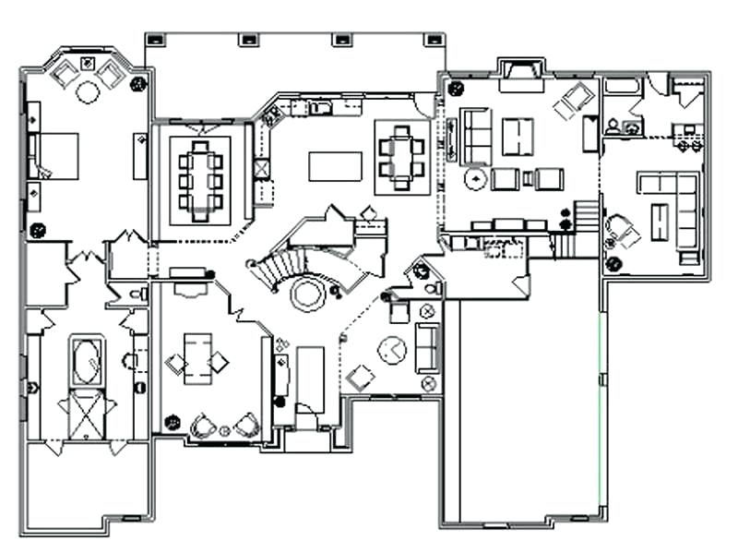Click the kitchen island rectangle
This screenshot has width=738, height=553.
point(335,165)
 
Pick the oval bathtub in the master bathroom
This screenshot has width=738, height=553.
point(87,361)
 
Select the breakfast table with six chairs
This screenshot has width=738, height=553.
point(402,157)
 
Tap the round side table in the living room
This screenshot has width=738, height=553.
point(476,178)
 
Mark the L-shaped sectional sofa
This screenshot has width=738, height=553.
point(678,208)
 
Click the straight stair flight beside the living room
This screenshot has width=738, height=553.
point(586,218)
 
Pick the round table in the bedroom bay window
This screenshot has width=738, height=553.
point(88,91)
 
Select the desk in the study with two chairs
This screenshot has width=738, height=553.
point(197,357)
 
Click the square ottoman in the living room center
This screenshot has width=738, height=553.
point(518,137)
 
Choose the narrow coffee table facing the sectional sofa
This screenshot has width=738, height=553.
point(659,222)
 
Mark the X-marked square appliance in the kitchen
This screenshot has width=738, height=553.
point(262,169)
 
